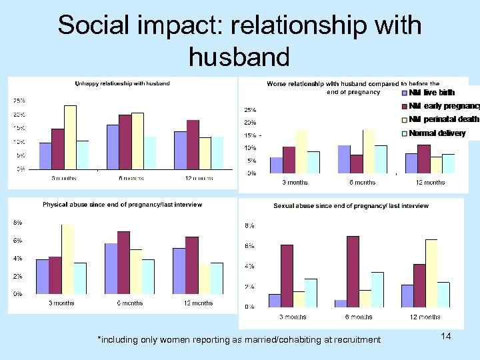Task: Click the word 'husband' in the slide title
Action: (x=239, y=57)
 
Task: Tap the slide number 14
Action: (x=446, y=337)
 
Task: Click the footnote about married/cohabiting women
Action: (x=239, y=340)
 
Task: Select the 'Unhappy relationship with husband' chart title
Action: (x=122, y=83)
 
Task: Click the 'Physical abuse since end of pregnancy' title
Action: (x=122, y=205)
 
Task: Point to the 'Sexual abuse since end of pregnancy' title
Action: (x=351, y=206)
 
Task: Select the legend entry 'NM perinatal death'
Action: (x=443, y=119)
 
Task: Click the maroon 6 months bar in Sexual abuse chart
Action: (x=353, y=271)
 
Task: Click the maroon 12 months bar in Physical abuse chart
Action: (x=192, y=265)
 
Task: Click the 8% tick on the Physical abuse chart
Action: (x=17, y=223)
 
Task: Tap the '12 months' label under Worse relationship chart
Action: (x=430, y=182)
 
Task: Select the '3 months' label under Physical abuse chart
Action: (x=61, y=303)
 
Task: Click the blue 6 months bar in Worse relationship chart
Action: (x=344, y=159)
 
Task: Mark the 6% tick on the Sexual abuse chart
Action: (x=248, y=246)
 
